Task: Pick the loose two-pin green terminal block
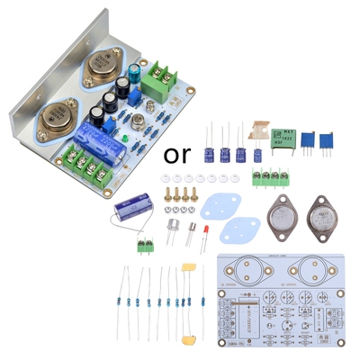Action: click(x=143, y=245)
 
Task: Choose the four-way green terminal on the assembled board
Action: click(x=86, y=166)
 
